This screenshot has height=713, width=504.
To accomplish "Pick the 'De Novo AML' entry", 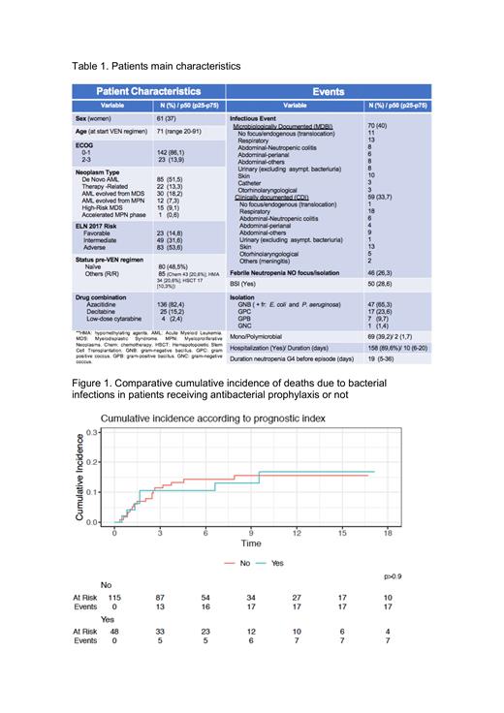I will point(104,179).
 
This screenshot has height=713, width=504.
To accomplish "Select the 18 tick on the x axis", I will point(388,534).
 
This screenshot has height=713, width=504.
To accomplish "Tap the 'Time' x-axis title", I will point(251,544).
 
